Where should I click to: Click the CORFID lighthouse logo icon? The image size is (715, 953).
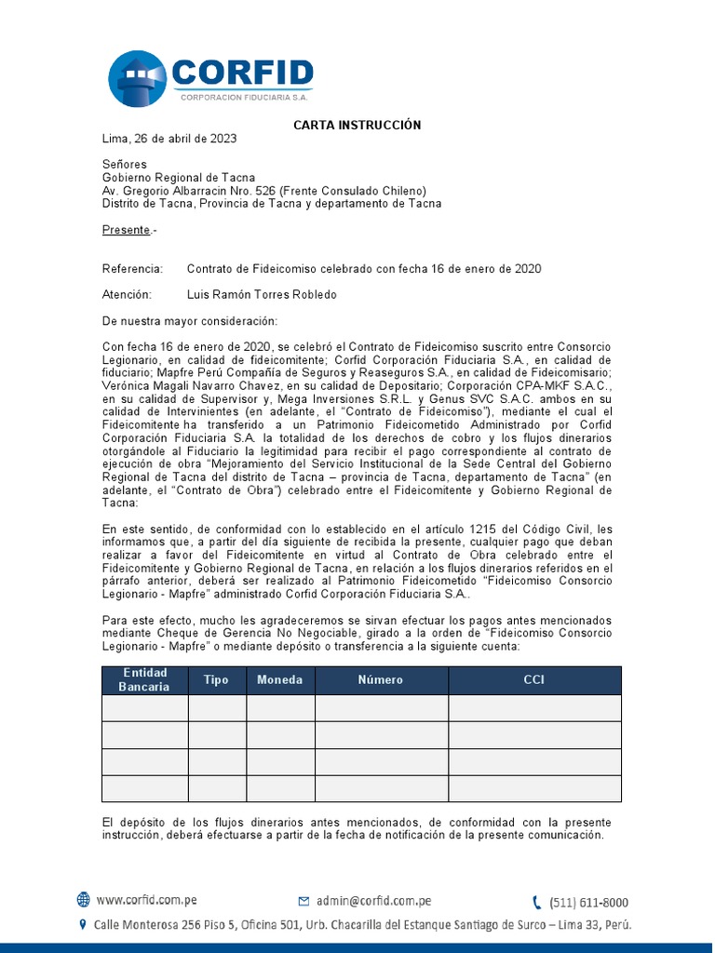138,78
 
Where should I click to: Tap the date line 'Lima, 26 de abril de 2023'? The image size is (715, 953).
169,139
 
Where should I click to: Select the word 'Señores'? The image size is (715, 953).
124,165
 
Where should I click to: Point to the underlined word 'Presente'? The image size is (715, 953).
126,230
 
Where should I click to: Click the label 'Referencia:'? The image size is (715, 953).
132,269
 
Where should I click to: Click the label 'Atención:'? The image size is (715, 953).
126,295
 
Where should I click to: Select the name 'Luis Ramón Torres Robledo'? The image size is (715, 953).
262,295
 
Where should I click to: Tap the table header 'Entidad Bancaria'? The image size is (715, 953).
144,680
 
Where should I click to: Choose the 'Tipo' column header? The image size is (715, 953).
216,680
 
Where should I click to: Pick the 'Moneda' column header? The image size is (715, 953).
280,680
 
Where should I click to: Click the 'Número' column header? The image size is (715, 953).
381,680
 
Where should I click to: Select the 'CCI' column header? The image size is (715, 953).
534,680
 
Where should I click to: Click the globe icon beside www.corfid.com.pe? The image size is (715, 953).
84,900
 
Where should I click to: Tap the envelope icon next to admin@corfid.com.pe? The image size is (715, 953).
304,901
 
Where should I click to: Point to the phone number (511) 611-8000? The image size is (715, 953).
588,902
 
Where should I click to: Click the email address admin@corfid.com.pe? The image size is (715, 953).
373,901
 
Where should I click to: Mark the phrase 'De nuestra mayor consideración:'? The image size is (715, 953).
189,321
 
